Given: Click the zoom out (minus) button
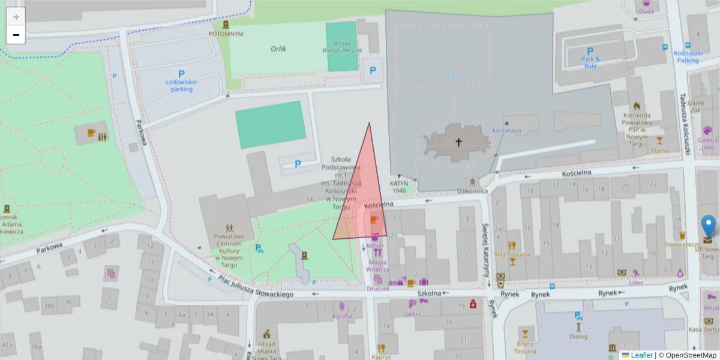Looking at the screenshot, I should click(16, 35).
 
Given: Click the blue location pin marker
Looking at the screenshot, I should click(709, 226).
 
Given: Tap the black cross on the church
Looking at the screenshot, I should click(459, 142).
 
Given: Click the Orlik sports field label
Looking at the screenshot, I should click(278, 49).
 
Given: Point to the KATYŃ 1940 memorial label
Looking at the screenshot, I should click(400, 187).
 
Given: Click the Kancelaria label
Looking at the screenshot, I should click(507, 130).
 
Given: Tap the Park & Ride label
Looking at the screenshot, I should click(590, 62).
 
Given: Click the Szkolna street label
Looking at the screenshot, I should click(430, 293).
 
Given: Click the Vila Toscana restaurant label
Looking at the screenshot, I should click(512, 254).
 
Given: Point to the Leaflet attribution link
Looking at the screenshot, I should click(641, 355).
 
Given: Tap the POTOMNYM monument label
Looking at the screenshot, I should click(226, 34).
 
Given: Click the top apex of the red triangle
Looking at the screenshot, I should click(369, 123).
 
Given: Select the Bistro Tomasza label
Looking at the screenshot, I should click(525, 347).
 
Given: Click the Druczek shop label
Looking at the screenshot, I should click(378, 288).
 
